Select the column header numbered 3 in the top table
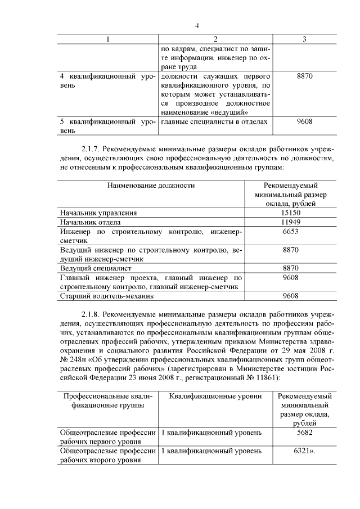pos(304,39)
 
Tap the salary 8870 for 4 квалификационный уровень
pos(304,75)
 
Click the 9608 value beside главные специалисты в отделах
pos(304,121)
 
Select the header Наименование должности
pos(151,184)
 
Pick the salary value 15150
pos(291,213)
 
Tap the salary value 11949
pos(291,222)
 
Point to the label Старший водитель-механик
pos(106,296)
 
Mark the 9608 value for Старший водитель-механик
pos(291,296)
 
